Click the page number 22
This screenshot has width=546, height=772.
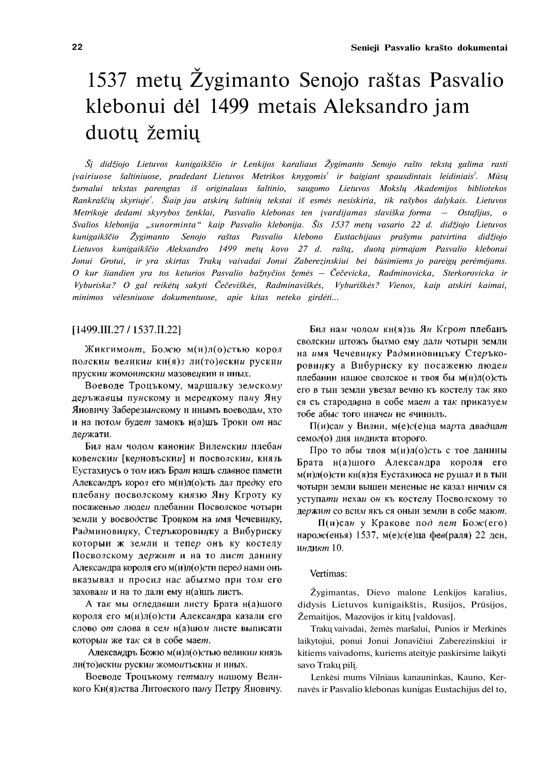[77, 48]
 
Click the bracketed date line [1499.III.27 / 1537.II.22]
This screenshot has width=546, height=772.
[126, 330]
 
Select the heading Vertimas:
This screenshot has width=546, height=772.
[328, 574]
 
